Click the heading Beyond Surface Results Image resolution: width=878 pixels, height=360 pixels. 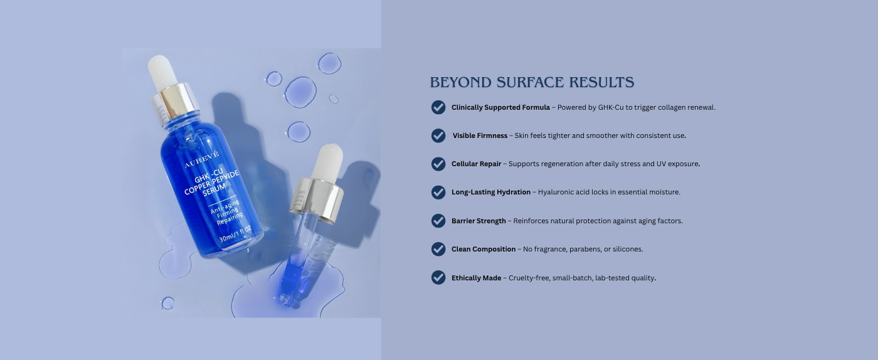tap(532, 82)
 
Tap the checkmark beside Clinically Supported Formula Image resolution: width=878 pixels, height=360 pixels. tap(438, 107)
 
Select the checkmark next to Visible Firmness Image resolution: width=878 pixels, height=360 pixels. tap(438, 135)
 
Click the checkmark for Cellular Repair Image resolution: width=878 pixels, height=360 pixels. tap(438, 164)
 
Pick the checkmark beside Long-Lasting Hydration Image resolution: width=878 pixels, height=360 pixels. tap(438, 192)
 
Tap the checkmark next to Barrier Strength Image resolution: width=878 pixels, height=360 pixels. tap(438, 221)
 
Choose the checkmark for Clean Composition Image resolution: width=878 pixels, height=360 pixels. tap(438, 249)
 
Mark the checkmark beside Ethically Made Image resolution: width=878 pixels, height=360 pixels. tap(438, 277)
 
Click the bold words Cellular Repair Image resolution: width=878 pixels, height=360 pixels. tap(476, 164)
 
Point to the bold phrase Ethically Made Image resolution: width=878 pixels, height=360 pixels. tap(476, 278)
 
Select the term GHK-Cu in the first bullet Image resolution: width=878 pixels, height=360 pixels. tap(611, 107)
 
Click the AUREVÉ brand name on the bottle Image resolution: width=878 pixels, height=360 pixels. tap(202, 159)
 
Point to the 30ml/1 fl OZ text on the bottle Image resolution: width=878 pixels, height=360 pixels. tap(235, 234)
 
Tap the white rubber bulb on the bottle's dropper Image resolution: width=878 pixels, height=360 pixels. tap(162, 73)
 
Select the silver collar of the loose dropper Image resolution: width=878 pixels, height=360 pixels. tap(317, 201)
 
